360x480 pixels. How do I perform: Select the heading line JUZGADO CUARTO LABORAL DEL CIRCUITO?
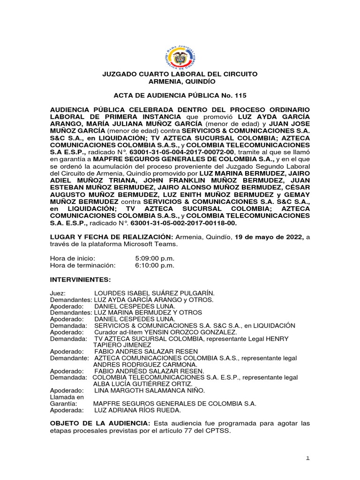tap(180, 75)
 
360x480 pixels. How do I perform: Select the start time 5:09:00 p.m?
tap(154, 258)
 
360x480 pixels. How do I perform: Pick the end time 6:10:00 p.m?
tap(154, 265)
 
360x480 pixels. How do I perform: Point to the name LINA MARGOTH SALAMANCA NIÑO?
tap(150, 390)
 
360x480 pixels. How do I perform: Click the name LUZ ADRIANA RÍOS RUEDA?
tap(137, 410)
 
